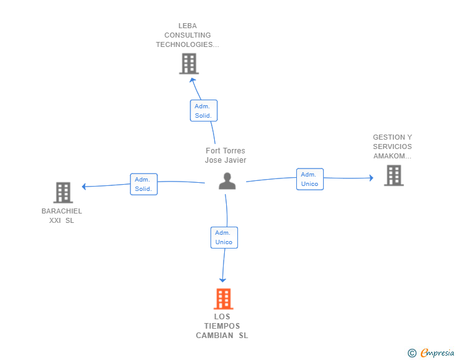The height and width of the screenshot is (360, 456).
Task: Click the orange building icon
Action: tap(224, 299)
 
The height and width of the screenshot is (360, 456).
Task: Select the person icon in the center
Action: tap(227, 181)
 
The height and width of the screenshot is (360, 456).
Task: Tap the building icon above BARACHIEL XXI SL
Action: tap(63, 192)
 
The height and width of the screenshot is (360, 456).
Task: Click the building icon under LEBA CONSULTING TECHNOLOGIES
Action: tap(189, 63)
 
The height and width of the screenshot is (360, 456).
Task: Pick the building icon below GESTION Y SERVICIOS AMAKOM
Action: tap(394, 175)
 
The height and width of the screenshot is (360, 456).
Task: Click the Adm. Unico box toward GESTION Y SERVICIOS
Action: tap(310, 179)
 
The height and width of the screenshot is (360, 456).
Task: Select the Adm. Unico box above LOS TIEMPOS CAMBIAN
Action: tap(224, 237)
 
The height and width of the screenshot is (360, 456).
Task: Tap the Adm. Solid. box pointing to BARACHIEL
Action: tap(143, 184)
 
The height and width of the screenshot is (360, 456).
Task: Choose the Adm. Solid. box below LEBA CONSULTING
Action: tap(204, 110)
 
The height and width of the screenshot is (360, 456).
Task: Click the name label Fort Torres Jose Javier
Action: tap(225, 155)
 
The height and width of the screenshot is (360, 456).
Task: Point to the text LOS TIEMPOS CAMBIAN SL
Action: tap(222, 326)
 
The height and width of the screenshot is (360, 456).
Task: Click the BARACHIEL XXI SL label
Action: tap(61, 216)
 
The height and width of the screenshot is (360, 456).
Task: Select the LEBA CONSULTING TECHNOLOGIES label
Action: tap(187, 35)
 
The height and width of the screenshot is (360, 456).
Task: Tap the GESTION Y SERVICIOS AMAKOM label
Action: tap(392, 147)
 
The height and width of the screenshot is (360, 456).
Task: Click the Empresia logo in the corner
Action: tap(437, 352)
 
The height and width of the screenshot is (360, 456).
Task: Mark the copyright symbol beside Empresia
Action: tap(412, 353)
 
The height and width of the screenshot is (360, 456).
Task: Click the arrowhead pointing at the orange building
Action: tap(223, 280)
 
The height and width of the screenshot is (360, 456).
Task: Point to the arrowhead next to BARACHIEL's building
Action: tap(84, 187)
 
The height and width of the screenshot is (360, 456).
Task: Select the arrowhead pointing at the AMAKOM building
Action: tap(371, 178)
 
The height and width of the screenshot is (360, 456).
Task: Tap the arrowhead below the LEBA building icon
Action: tap(192, 80)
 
